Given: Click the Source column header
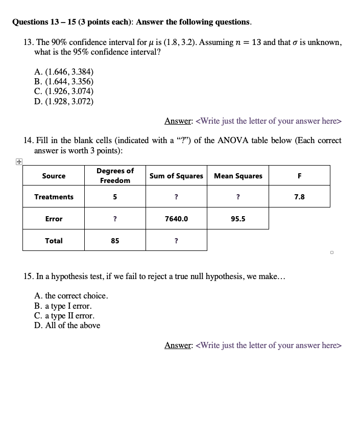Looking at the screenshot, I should click(54, 176).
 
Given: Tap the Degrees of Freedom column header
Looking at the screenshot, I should click(115, 175).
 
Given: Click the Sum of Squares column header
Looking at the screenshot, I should click(176, 176).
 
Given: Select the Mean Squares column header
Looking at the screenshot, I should click(238, 176).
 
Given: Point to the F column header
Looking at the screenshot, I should click(299, 176).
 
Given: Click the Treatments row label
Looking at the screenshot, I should click(54, 197).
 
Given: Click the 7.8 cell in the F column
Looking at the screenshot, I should click(299, 197).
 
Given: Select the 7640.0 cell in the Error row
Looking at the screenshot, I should click(176, 219).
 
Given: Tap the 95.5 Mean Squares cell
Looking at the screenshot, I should click(238, 219).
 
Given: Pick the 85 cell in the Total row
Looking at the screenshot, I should click(115, 241).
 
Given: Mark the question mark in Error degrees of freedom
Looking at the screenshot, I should click(115, 219).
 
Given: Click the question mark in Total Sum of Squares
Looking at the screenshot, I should click(176, 241).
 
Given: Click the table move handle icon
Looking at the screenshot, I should click(18, 162).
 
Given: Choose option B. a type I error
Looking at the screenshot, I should click(63, 306).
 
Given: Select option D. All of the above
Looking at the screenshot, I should click(67, 326).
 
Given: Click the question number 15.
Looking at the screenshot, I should click(29, 276).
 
